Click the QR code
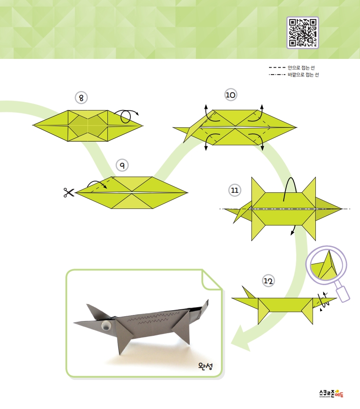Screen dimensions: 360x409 [303, 32]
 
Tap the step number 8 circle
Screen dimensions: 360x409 [81, 98]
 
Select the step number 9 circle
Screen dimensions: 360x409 [122, 165]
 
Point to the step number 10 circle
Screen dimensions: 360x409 [230, 95]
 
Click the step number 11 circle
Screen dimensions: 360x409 [234, 190]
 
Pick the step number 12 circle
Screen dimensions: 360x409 [268, 281]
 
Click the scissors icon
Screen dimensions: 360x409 [69, 193]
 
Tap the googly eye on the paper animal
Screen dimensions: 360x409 [106, 326]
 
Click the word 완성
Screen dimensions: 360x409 [205, 366]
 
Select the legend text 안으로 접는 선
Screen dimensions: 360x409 [301, 68]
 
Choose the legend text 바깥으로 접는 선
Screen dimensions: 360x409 [303, 75]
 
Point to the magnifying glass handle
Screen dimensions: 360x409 [343, 293]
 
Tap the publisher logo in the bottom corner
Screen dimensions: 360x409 [331, 393]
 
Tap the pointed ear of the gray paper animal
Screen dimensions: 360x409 [94, 312]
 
